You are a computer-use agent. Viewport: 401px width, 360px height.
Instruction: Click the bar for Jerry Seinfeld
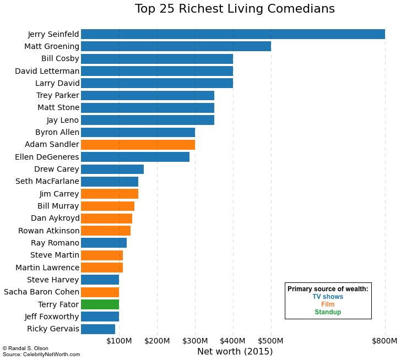point(232,34)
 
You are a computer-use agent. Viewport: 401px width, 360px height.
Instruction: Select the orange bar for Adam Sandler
point(138,145)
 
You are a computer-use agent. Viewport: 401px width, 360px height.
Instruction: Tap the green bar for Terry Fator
point(100,304)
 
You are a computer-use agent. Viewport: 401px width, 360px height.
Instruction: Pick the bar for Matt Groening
point(176,46)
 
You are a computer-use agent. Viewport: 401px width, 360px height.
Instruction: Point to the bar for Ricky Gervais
point(98,329)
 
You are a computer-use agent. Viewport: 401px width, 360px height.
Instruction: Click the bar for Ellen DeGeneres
point(135,157)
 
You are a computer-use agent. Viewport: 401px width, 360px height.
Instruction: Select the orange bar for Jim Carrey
point(110,194)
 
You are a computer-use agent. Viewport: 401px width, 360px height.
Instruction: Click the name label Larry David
point(57,83)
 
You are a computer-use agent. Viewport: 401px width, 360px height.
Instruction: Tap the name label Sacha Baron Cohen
point(41,292)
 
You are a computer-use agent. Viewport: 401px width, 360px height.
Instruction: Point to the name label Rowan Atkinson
point(48,231)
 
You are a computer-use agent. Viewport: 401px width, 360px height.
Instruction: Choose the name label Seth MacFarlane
point(47,182)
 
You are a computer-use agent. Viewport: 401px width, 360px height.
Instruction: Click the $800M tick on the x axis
point(384,341)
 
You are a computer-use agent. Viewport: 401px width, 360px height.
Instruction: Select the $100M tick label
point(119,341)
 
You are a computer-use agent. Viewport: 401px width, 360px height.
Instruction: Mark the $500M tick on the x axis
point(271,341)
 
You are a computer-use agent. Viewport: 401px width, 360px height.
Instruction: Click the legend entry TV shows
point(328,297)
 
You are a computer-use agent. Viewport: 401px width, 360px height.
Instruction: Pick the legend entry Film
point(328,304)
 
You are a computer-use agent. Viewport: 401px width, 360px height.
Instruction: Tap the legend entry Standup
point(328,312)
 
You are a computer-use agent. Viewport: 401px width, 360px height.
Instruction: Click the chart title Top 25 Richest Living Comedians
point(235,9)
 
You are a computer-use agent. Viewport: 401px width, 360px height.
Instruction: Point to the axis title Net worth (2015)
point(235,351)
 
